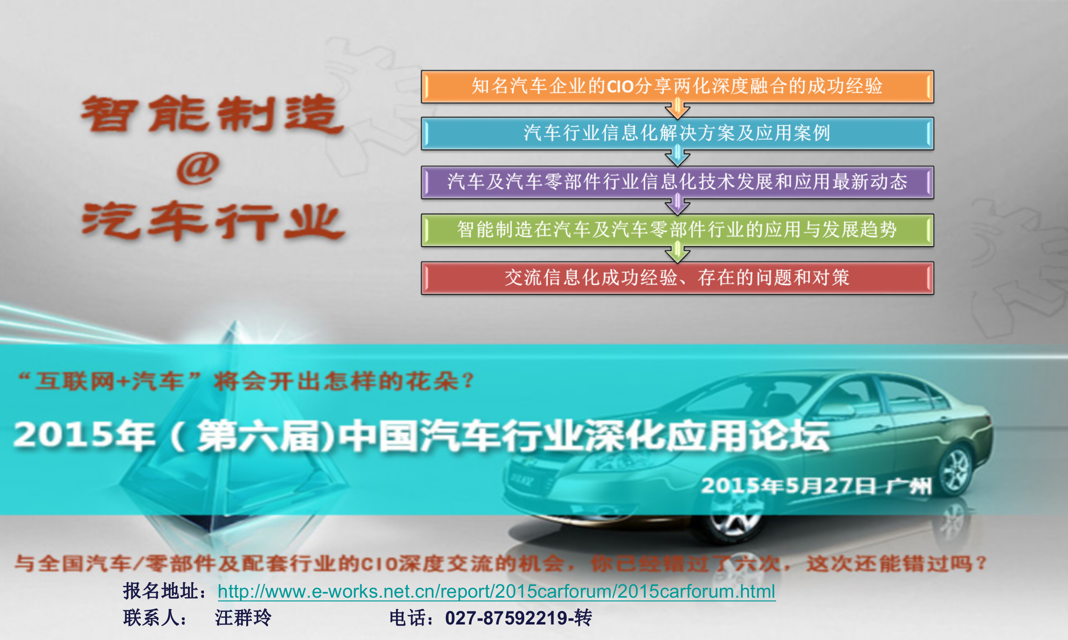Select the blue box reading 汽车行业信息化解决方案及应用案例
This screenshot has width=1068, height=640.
tap(677, 134)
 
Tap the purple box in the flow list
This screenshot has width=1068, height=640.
tap(677, 182)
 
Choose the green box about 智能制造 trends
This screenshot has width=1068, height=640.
tap(677, 230)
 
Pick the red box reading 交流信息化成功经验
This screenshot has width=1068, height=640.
tap(677, 278)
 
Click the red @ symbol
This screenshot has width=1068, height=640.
tap(198, 168)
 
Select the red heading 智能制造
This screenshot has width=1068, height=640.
tap(212, 114)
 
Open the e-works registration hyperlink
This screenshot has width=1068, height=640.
tap(496, 592)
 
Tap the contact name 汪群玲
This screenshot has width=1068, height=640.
tap(243, 618)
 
